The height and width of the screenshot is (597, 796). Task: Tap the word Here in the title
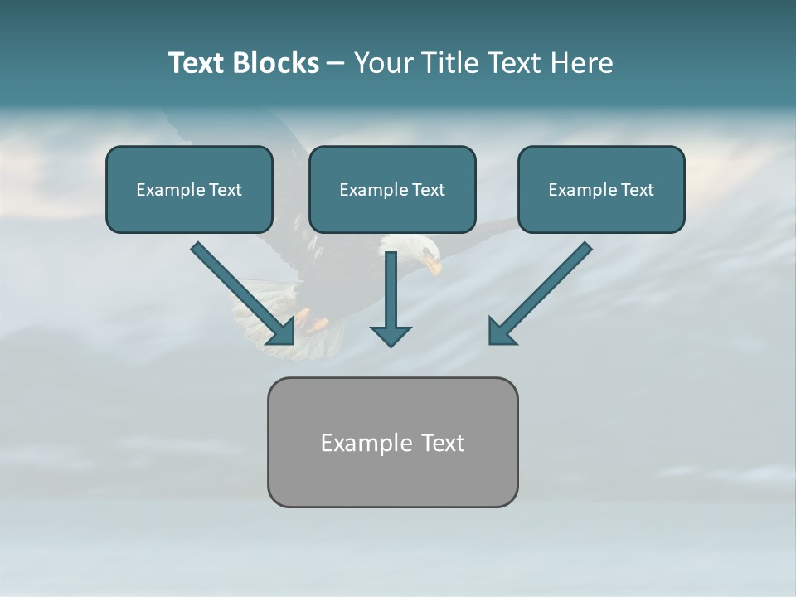click(x=580, y=63)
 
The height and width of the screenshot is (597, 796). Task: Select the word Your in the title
click(x=382, y=63)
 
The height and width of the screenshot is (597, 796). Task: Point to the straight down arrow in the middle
click(x=391, y=298)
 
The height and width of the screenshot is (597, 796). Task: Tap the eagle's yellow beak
click(x=434, y=265)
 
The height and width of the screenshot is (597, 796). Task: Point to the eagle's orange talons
click(x=310, y=320)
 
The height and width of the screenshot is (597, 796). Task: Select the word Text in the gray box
click(x=443, y=443)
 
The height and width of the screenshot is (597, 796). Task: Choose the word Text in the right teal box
click(x=637, y=190)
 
